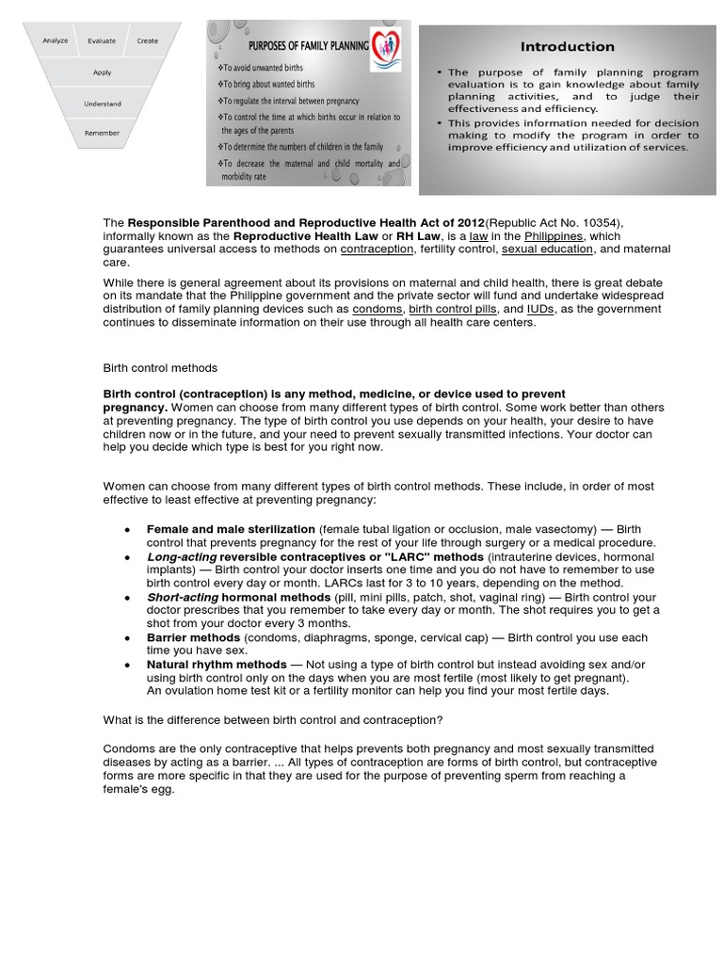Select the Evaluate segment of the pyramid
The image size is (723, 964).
point(102,41)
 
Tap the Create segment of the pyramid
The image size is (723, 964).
point(148,41)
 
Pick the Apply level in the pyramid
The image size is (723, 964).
point(102,72)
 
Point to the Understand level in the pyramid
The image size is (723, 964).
point(102,104)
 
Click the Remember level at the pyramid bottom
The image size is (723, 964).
point(102,133)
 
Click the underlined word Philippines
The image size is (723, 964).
point(554,236)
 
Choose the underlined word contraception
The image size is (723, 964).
point(377,249)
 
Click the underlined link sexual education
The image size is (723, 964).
point(547,249)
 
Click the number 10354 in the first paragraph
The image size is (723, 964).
point(594,223)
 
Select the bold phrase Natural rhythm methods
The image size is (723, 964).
point(217,665)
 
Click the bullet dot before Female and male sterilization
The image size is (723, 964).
point(127,530)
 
